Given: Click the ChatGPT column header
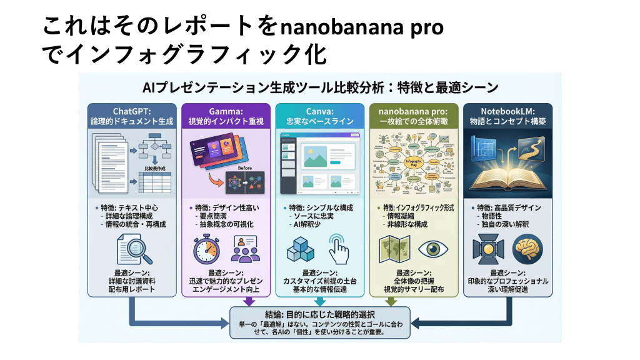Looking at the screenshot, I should pyautogui.click(x=132, y=116).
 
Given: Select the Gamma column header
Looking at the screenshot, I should pyautogui.click(x=226, y=116).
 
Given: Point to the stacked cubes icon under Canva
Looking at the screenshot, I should pyautogui.click(x=302, y=250).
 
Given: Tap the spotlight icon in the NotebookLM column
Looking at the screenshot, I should pyautogui.click(x=489, y=249).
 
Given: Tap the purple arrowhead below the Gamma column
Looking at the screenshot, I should pyautogui.click(x=249, y=302).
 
